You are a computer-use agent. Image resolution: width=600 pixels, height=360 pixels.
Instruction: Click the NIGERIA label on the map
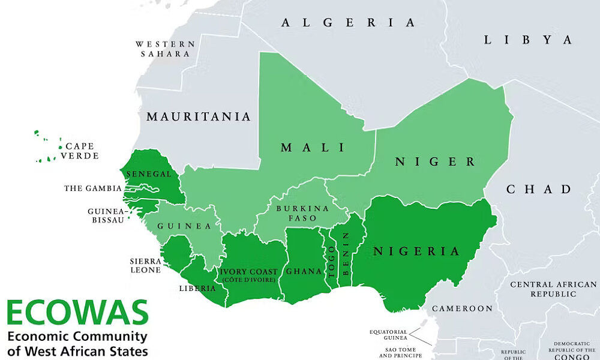416,251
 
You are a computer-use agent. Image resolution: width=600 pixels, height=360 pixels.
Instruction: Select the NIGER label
435,161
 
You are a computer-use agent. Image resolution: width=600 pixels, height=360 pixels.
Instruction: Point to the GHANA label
304,271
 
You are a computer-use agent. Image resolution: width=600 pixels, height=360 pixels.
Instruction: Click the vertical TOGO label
331,261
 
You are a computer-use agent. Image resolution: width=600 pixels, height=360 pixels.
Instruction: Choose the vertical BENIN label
345,253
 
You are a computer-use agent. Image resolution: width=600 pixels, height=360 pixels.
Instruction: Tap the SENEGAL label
149,174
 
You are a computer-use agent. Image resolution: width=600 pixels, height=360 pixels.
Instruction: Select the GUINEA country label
185,226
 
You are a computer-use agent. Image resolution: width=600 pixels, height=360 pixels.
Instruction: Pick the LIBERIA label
197,288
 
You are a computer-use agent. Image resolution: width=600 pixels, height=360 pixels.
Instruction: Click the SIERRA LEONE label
146,266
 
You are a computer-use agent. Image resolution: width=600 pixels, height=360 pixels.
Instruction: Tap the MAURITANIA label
199,116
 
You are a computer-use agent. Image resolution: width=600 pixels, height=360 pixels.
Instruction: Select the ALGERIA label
348,23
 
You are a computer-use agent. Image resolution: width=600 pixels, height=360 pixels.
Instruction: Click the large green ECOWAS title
77,313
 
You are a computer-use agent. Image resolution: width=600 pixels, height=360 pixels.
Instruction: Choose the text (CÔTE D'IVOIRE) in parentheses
248,280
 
